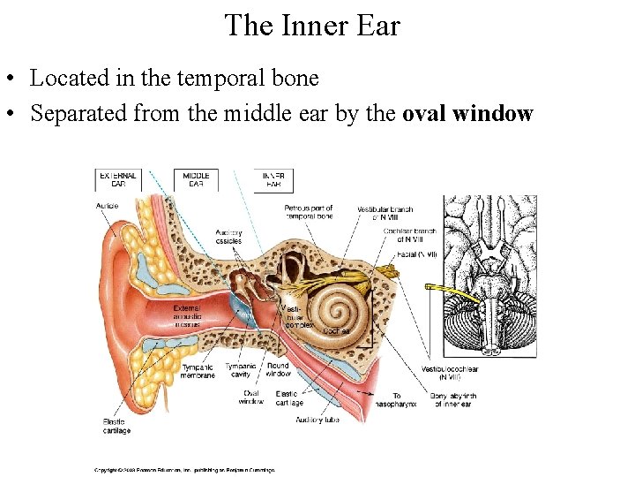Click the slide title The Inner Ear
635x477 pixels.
coord(311,25)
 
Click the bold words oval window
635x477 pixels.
coord(467,114)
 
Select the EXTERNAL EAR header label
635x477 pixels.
coord(118,180)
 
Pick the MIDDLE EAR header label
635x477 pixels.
coord(196,180)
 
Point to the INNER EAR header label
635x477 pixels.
coord(273,180)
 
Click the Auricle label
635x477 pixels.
coord(107,207)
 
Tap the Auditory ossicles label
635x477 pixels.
coord(228,237)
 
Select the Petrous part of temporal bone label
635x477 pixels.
coord(308,212)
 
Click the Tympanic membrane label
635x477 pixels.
coord(198,371)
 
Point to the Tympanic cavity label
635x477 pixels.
coord(240,371)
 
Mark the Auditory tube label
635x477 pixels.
coord(317,420)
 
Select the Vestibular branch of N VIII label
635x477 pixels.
coord(385,212)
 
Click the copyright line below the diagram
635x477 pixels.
coord(185,470)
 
